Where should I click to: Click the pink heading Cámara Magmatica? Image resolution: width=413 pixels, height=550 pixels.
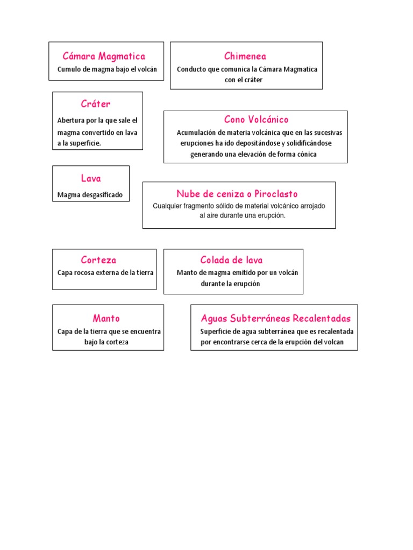[x=104, y=56]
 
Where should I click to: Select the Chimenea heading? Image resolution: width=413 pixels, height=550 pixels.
[x=245, y=56]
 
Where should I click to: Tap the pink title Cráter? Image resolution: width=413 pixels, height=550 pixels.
[x=96, y=104]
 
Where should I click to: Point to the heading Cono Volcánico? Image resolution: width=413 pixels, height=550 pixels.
[x=257, y=119]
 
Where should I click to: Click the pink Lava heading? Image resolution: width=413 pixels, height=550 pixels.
[x=91, y=178]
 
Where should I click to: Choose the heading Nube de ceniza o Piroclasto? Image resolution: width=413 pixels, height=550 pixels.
[x=237, y=194]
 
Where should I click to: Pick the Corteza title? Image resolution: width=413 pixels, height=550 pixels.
[x=98, y=260]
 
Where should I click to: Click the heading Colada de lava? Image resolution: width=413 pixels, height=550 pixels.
[x=232, y=260]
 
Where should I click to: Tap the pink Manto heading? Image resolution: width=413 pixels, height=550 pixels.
[x=106, y=318]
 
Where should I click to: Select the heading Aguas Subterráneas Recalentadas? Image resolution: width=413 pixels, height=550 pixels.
[x=276, y=318]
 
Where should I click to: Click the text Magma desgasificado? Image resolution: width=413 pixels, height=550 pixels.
[x=90, y=195]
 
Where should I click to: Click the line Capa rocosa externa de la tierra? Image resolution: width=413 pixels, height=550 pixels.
[x=105, y=272]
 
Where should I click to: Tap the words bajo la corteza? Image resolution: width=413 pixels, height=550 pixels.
[x=106, y=342]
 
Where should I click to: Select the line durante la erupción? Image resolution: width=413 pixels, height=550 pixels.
[x=230, y=284]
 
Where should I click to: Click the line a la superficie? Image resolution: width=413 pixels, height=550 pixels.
[x=79, y=143]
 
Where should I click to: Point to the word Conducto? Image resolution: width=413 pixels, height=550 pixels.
[x=191, y=69]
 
